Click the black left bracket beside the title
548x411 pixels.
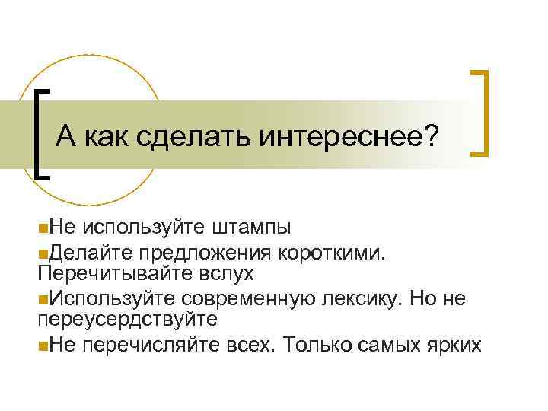tap(40, 134)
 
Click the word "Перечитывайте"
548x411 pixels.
tap(103, 271)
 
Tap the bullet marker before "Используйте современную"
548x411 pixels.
tap(43, 298)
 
